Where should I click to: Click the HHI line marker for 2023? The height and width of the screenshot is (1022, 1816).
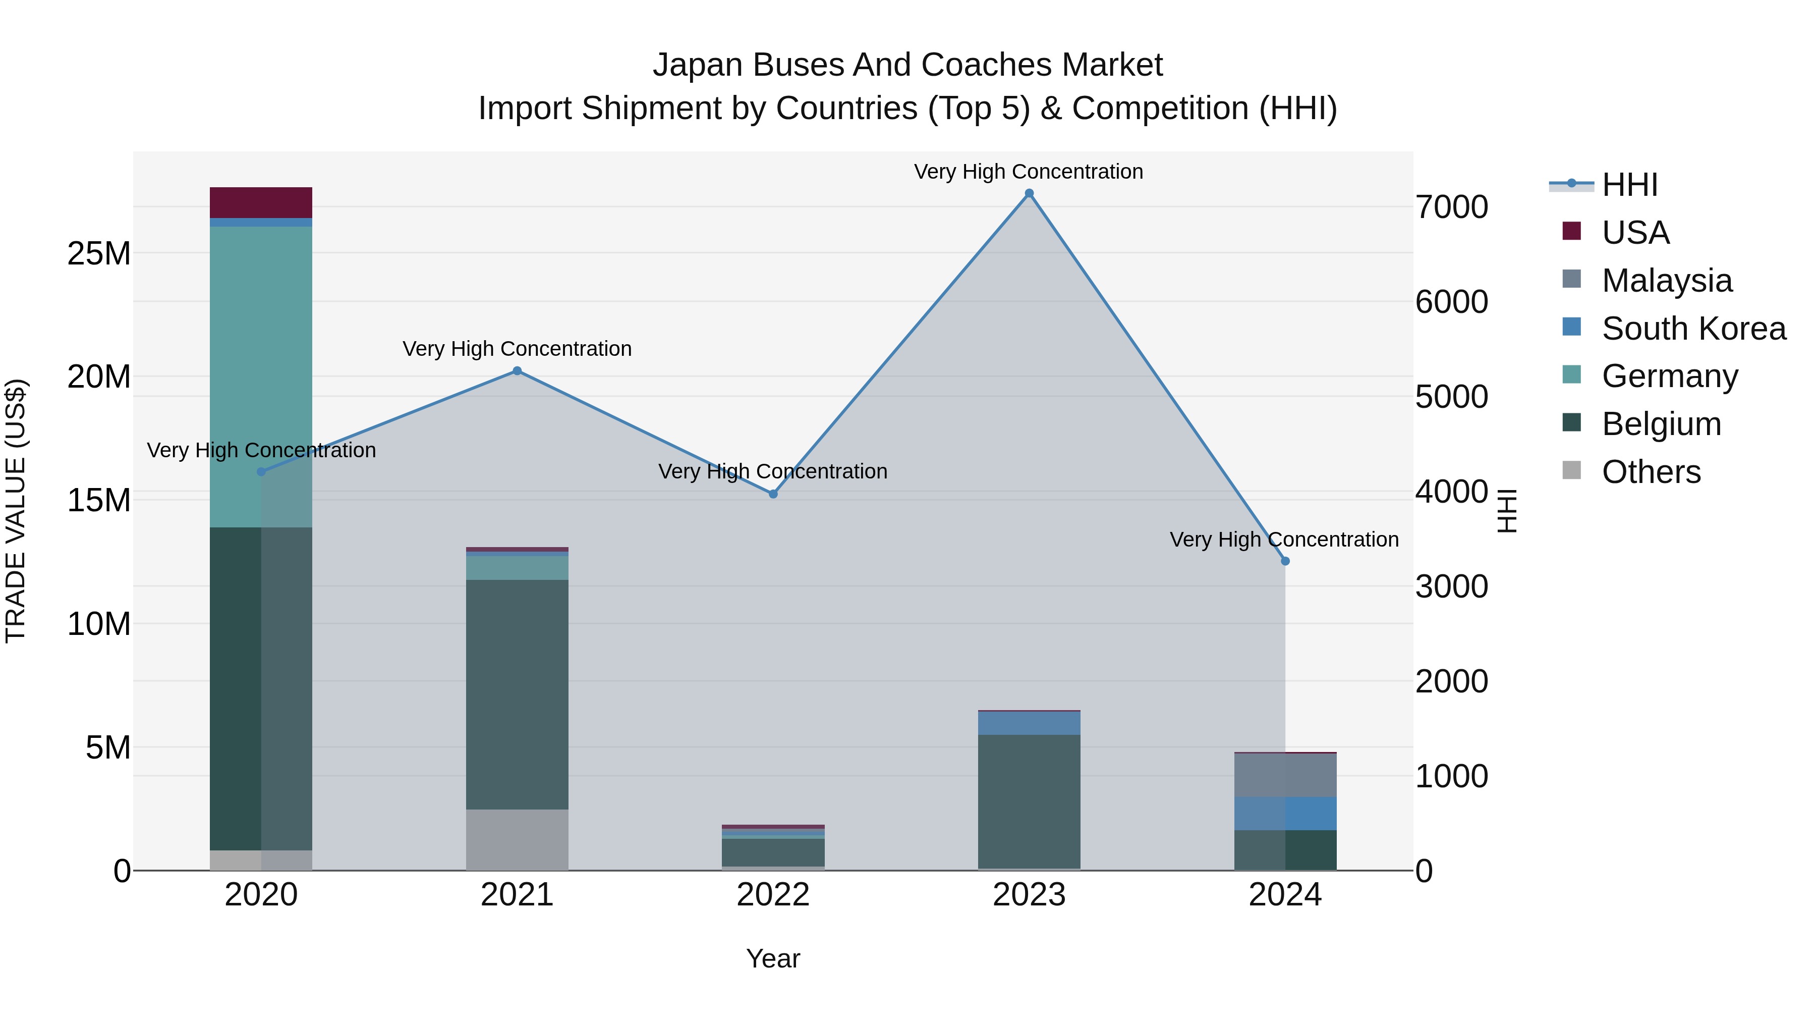tap(1029, 193)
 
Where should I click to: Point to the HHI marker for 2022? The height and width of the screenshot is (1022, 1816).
tap(773, 495)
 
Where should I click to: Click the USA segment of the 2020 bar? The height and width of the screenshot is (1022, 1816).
tap(261, 202)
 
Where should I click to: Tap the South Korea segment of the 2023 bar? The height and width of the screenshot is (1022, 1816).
tap(1029, 723)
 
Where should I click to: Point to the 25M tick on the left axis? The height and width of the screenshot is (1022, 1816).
tap(99, 253)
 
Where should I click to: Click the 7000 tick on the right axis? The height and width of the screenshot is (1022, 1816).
tap(1451, 207)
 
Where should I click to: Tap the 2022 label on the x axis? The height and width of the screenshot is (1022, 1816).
tap(773, 895)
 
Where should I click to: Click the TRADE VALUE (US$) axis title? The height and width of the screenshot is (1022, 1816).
tap(16, 511)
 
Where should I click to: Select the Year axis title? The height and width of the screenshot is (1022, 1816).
tap(773, 958)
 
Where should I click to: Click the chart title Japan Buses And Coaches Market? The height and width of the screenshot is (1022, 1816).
tap(907, 65)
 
